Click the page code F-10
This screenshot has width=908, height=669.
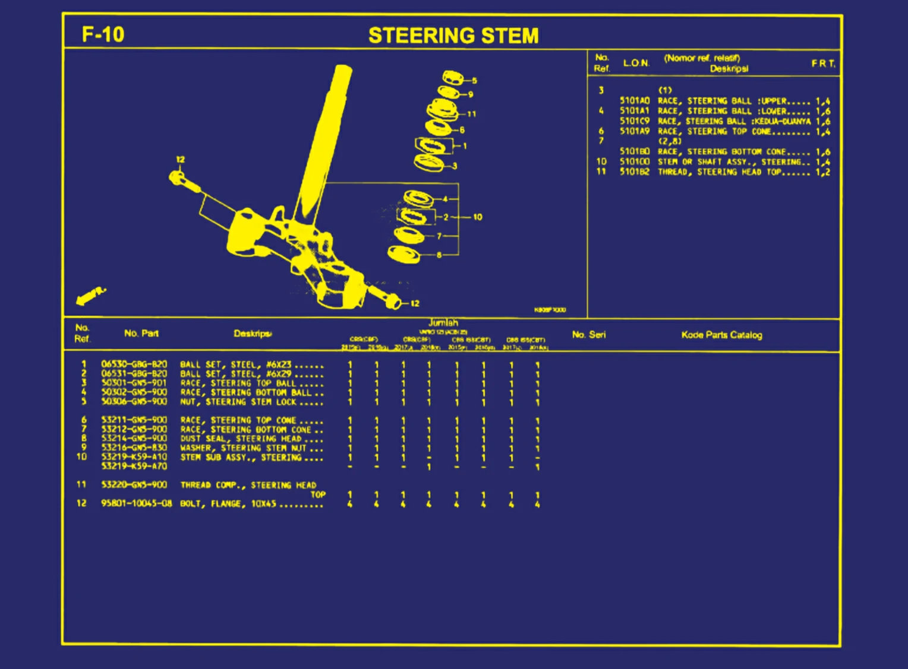click(x=103, y=34)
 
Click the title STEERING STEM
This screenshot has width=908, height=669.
click(x=453, y=36)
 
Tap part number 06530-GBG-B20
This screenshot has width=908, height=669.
click(x=134, y=364)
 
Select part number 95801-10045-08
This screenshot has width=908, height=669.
click(x=136, y=503)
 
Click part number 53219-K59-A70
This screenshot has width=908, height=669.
click(x=134, y=467)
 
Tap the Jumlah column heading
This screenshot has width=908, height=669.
click(x=443, y=323)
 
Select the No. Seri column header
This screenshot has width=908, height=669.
click(x=589, y=335)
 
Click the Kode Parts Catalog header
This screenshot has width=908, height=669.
click(x=721, y=335)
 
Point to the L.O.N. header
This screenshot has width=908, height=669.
click(x=636, y=63)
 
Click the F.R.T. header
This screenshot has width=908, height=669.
click(x=824, y=64)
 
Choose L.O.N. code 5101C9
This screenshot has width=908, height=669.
click(x=635, y=121)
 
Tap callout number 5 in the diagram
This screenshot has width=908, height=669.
click(x=474, y=81)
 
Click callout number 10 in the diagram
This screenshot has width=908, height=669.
click(x=478, y=217)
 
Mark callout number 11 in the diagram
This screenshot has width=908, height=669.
click(x=472, y=114)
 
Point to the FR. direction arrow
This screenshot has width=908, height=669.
click(x=90, y=296)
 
